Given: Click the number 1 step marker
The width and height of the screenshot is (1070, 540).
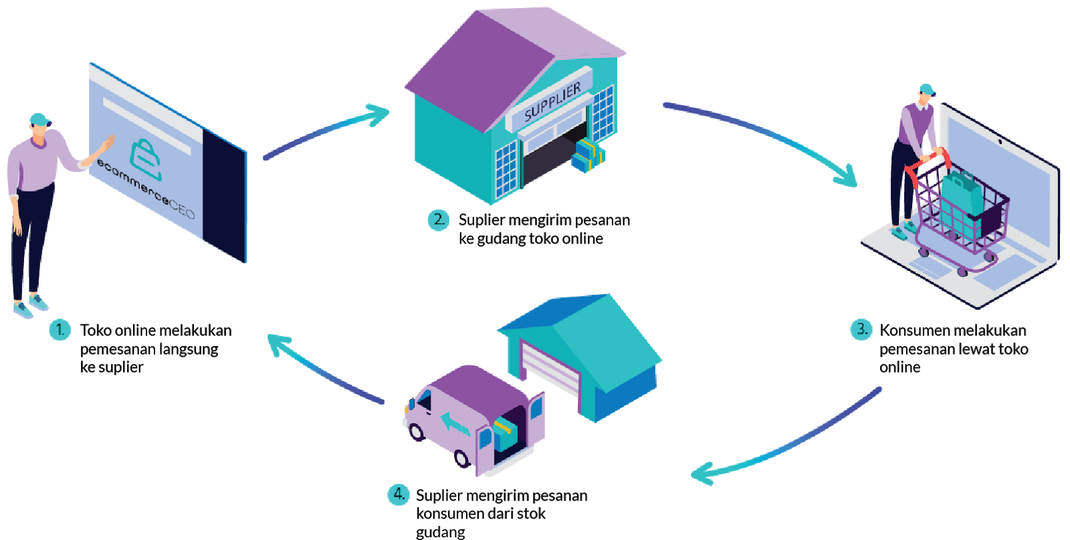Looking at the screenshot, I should coord(60,329).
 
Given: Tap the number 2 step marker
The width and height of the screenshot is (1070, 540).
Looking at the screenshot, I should coord(439,219).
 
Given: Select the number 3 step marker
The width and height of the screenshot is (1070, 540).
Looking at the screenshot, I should coord(861,329).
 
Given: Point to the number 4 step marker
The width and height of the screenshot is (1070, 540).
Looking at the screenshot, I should coord(399,494).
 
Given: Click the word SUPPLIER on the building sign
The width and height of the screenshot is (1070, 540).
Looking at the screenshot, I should coord(552,102).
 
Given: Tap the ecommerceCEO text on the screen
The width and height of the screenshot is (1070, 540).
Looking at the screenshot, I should coord(146,190).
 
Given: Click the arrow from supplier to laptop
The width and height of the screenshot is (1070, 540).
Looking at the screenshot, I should coord(762,134).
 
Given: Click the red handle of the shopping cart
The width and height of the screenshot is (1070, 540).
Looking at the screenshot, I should coord(927,161).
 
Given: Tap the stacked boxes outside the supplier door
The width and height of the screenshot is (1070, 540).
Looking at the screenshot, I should coord(588,155).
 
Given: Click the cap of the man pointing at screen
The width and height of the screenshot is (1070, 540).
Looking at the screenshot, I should coord(39,119).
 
